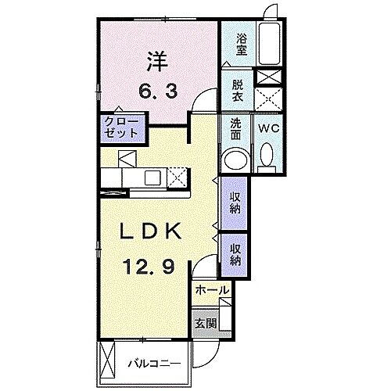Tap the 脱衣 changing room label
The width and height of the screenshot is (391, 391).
click(x=236, y=90)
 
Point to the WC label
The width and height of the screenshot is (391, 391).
click(x=267, y=127)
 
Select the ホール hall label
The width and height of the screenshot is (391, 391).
click(x=212, y=290)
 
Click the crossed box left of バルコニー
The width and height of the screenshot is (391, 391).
click(x=109, y=362)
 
